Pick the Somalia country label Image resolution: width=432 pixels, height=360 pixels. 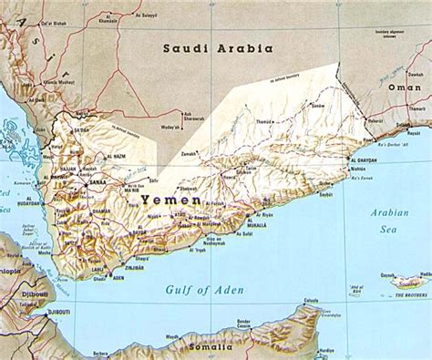pyautogui.click(x=209, y=346)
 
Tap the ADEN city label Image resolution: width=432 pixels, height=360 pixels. pyautogui.click(x=118, y=276)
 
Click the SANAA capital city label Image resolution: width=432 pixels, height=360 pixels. pyautogui.click(x=97, y=183)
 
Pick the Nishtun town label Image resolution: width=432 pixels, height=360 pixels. pyautogui.click(x=358, y=169)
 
